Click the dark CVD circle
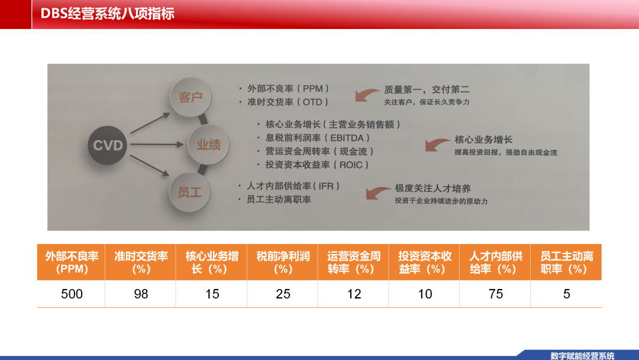point(108,145)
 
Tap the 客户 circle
point(191,98)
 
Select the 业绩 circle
point(209,144)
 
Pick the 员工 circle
point(190,192)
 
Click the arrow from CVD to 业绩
point(157,144)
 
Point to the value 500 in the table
point(72,294)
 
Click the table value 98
point(141,294)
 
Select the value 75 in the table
point(496,294)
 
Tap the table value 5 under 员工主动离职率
point(566,294)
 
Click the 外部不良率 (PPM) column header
point(72,262)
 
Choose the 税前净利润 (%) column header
point(283,262)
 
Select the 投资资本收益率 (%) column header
point(424,262)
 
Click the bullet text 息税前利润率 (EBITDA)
point(318,138)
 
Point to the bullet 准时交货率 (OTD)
point(288,102)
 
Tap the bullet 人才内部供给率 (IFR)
point(293,186)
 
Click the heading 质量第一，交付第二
point(427,89)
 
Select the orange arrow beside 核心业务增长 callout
point(437,144)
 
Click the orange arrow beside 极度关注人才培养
point(377,192)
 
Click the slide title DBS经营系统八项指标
point(108,14)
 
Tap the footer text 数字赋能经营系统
point(582,355)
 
